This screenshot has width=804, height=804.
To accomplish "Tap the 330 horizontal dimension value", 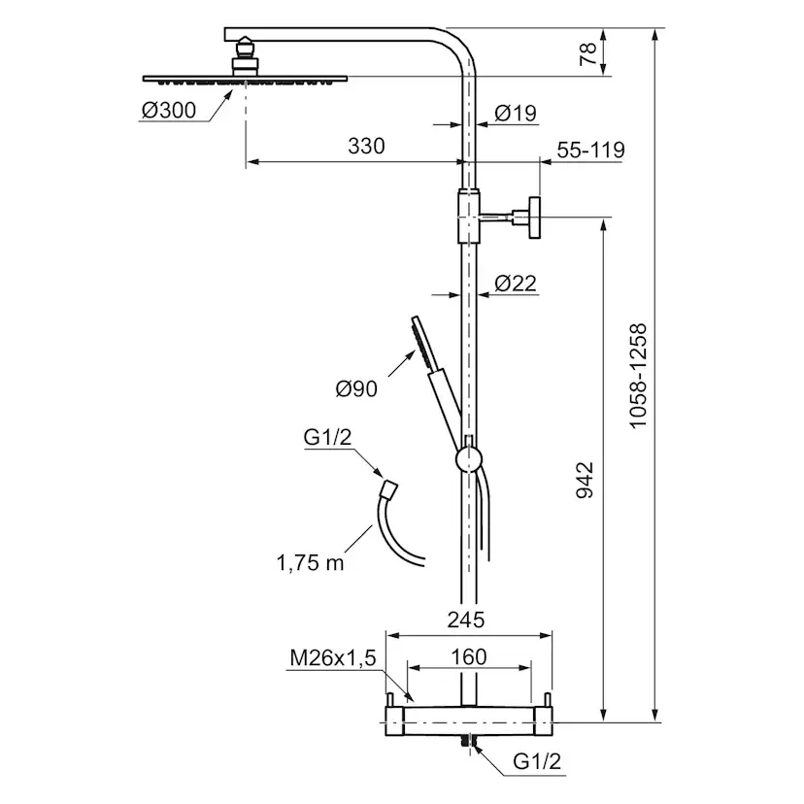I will [366, 147].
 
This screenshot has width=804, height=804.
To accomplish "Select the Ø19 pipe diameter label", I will [515, 114].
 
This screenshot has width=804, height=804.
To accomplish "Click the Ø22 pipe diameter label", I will [516, 283].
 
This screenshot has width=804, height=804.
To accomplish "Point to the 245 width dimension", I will [467, 618].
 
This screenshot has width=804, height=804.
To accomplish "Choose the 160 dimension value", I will [468, 656].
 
